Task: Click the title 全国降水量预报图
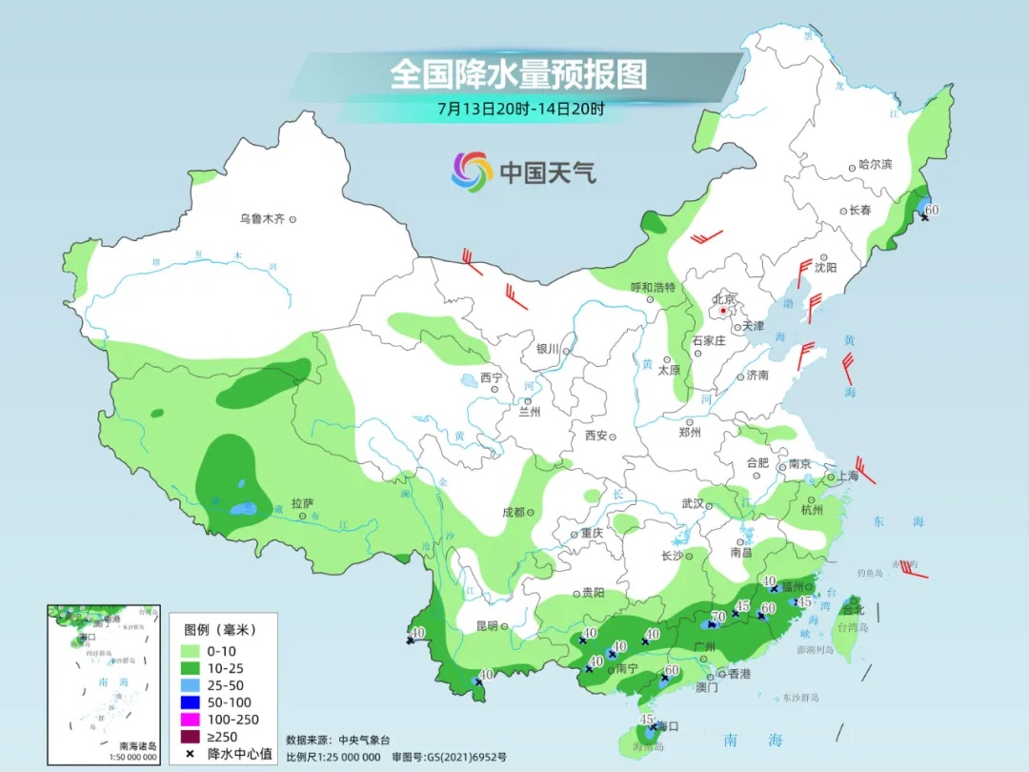click(518, 74)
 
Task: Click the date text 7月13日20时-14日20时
click(520, 109)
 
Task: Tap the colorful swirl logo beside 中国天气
click(471, 172)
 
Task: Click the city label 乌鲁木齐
click(262, 219)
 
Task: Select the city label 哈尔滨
click(876, 165)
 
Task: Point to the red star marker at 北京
click(724, 311)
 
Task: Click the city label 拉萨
click(302, 502)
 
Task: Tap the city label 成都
click(514, 512)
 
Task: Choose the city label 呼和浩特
click(653, 287)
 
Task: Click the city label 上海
click(847, 476)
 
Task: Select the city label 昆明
click(486, 626)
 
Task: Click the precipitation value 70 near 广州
click(718, 617)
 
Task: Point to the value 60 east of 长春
click(932, 210)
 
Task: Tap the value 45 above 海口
click(647, 719)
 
